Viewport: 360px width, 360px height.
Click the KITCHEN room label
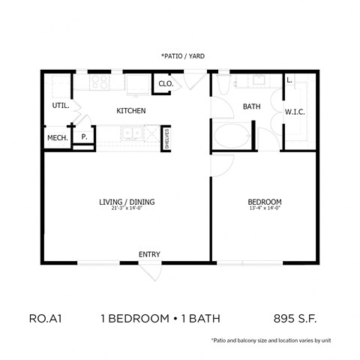130,111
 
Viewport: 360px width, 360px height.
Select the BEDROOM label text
265,202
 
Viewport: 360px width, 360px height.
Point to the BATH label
251,106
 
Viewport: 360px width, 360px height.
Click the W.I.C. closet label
293,112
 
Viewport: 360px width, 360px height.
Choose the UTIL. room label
61,106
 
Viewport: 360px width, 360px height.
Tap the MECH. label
58,138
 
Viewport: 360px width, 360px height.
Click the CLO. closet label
166,84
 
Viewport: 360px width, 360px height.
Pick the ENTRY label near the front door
149,254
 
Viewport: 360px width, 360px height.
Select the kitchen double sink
133,136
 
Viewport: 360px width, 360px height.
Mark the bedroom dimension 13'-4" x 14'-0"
265,209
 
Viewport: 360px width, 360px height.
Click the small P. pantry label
83,138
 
